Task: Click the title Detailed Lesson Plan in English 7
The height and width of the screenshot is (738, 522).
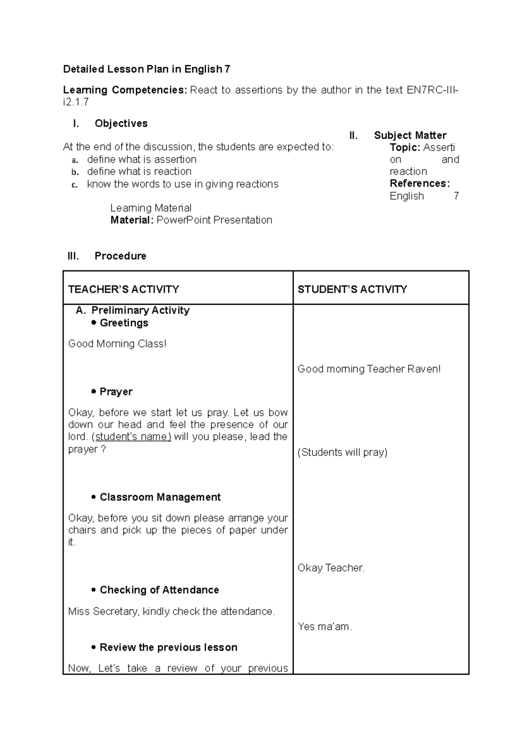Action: [147, 69]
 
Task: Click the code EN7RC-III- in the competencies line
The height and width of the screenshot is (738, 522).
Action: [432, 90]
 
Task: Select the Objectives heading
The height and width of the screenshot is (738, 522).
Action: [121, 123]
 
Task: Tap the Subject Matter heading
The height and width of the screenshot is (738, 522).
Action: [410, 135]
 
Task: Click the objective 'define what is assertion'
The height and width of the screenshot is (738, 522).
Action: [141, 160]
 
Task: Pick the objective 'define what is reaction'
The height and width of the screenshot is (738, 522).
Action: [139, 172]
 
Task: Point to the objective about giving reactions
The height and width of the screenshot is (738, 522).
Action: [182, 184]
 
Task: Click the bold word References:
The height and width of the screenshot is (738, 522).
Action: [419, 183]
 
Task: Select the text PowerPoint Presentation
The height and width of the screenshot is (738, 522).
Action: [214, 220]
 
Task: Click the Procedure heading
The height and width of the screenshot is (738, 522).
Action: [120, 256]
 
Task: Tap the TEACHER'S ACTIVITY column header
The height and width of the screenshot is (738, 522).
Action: [124, 289]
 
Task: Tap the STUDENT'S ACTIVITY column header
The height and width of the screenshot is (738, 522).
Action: [352, 289]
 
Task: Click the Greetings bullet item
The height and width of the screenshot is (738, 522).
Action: [124, 323]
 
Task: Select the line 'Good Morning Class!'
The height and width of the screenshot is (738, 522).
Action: [117, 344]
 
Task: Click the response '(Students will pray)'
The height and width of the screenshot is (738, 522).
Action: [342, 452]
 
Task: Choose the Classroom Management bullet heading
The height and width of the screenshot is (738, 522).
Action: [160, 497]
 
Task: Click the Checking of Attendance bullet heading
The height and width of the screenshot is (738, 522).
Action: [159, 590]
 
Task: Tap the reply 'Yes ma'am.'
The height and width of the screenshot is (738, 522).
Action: [325, 627]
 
